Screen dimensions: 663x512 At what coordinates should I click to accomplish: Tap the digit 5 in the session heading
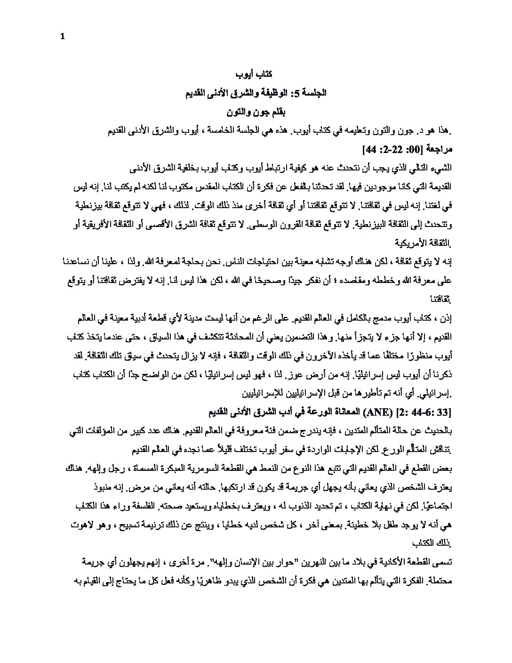click(294, 94)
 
